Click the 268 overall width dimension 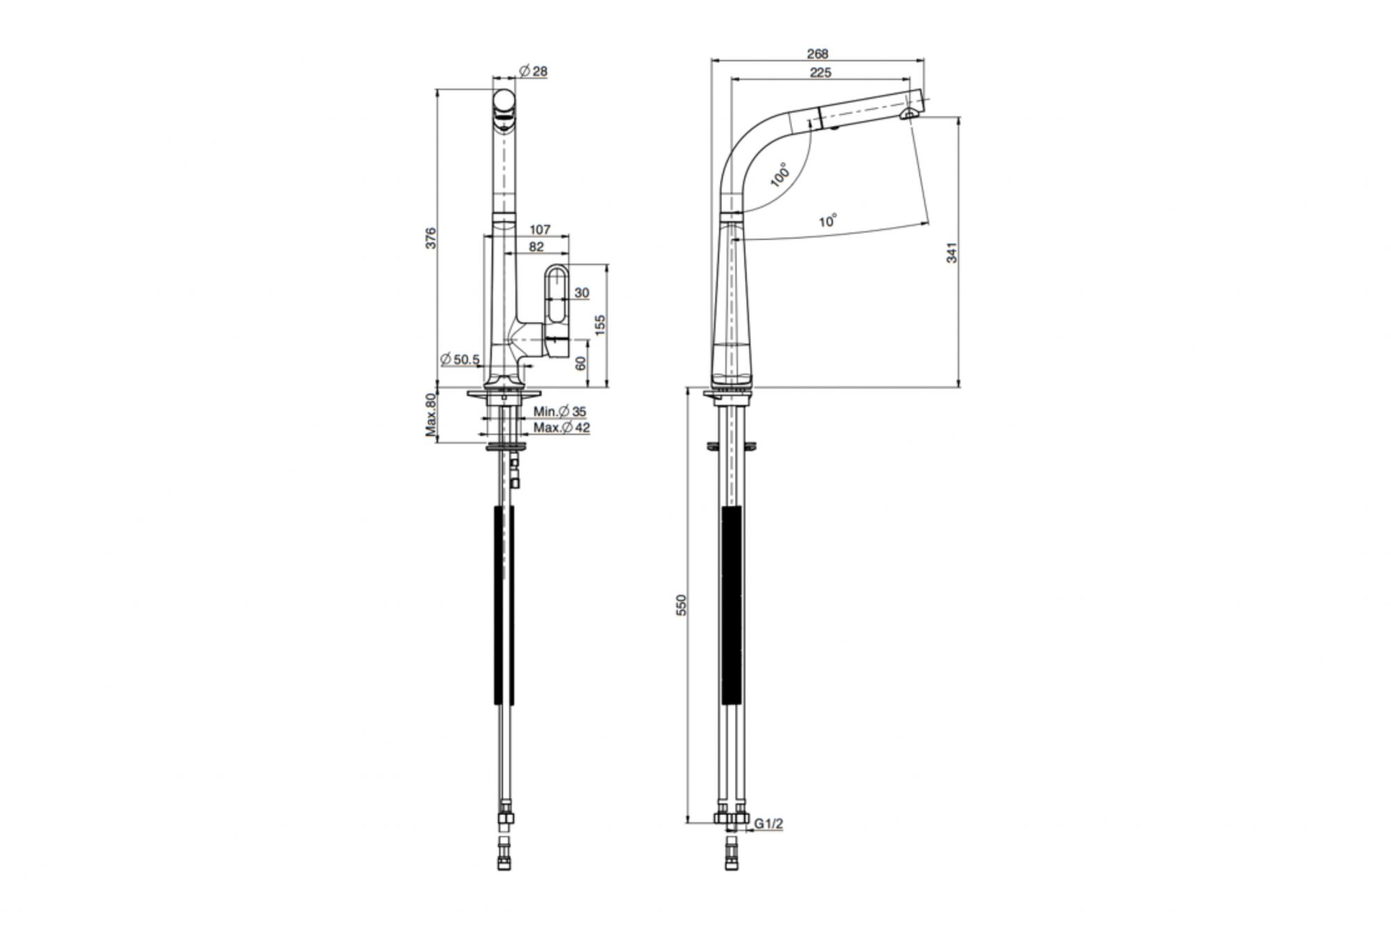click(818, 54)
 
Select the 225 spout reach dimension click(821, 72)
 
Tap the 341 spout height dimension click(952, 252)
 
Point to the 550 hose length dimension click(682, 605)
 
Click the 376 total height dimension click(431, 238)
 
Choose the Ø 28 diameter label click(533, 71)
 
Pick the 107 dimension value click(540, 229)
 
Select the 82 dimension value click(536, 247)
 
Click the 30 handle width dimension click(582, 293)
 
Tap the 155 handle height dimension click(600, 325)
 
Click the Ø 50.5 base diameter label click(460, 360)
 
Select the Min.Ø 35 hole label click(560, 412)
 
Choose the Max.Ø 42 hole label click(562, 428)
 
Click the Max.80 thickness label click(431, 415)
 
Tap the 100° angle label click(781, 175)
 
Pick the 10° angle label click(828, 221)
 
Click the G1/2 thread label click(769, 823)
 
